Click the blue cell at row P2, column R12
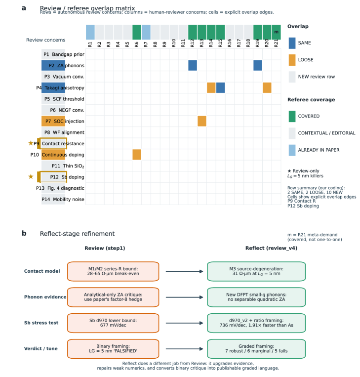point(193,65)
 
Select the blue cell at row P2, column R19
point(258,65)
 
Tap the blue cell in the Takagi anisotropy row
point(220,88)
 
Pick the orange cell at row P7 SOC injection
point(202,121)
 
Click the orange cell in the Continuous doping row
point(137,155)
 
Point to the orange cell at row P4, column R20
point(267,88)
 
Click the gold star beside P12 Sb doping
point(31,177)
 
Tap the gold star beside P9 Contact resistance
point(31,143)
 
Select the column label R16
point(230,43)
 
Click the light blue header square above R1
point(90,32)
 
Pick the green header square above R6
point(137,32)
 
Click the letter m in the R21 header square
point(277,32)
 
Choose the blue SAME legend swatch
point(292,43)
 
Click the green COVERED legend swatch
point(292,117)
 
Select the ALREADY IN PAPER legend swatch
point(292,150)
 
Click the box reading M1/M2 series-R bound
point(113,271)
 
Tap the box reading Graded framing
point(256,349)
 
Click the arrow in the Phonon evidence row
point(184,297)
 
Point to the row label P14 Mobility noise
point(63,199)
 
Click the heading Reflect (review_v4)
point(271,249)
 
